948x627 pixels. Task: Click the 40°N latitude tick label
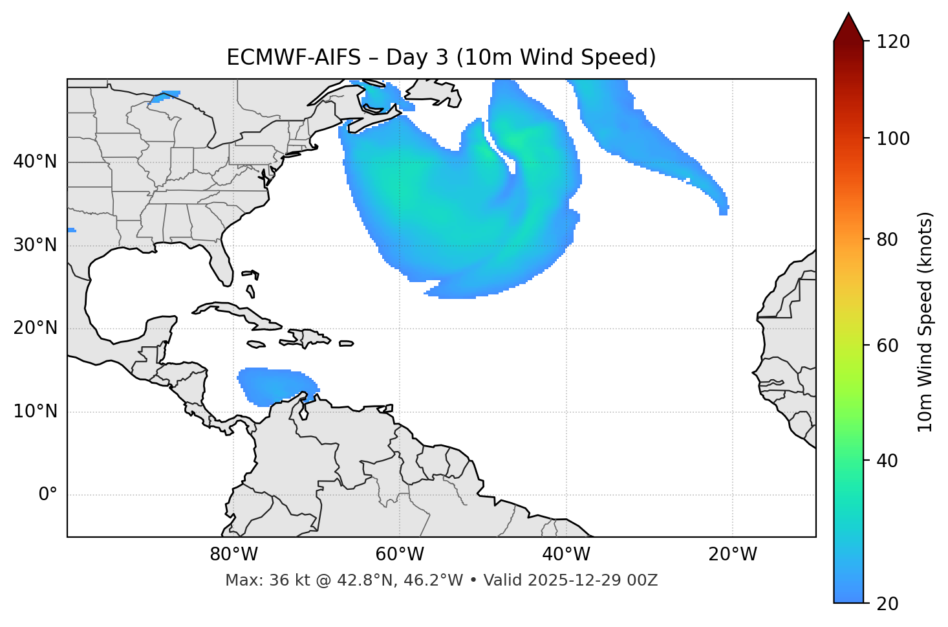click(35, 162)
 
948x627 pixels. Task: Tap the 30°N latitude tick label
click(35, 245)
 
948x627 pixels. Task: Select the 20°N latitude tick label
click(35, 328)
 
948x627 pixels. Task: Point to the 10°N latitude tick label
click(35, 412)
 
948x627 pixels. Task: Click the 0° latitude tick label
click(48, 495)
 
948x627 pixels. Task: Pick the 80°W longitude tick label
click(233, 555)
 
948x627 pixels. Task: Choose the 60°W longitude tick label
click(400, 555)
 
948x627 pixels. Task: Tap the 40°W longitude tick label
click(566, 555)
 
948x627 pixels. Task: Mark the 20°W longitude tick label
click(733, 555)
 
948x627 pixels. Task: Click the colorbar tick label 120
click(893, 42)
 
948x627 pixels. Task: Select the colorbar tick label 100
click(893, 138)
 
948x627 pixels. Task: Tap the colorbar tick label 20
click(887, 604)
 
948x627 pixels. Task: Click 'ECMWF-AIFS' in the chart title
click(294, 58)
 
